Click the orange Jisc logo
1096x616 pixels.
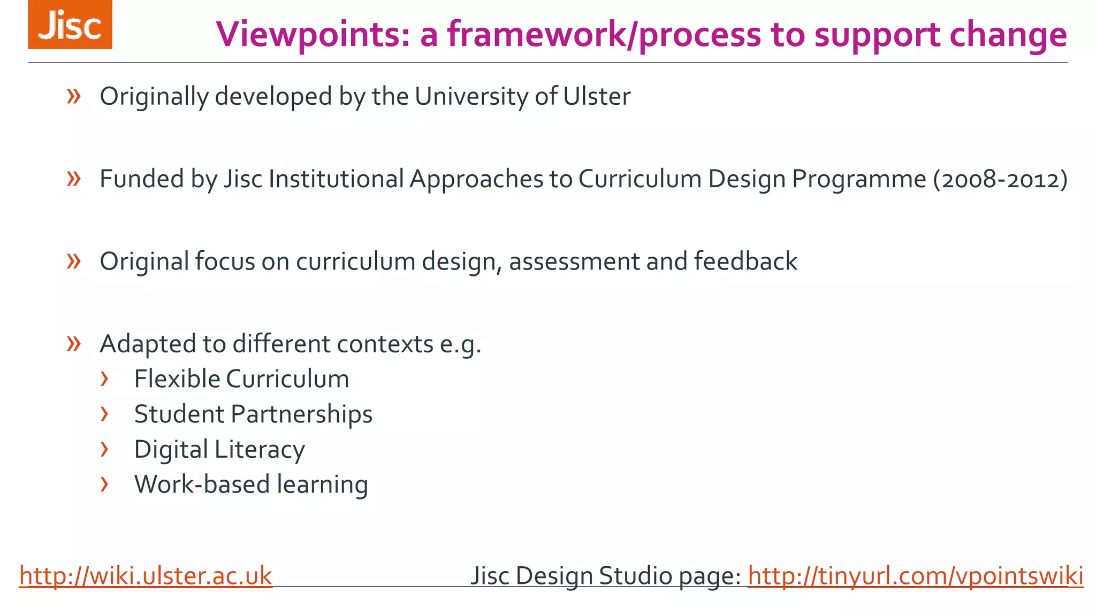(70, 25)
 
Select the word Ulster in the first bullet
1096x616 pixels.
(596, 97)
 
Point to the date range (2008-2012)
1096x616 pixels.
(1000, 179)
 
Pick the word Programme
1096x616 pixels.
(859, 179)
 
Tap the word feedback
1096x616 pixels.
(745, 261)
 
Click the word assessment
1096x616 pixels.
(574, 261)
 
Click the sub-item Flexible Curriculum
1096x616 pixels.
(241, 379)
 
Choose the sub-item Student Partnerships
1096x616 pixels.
(253, 414)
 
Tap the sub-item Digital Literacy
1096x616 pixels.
(219, 450)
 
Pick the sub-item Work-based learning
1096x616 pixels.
(251, 484)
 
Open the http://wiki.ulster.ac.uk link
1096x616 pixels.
(146, 576)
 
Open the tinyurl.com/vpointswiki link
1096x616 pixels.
(915, 576)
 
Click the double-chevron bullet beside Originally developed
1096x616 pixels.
(74, 97)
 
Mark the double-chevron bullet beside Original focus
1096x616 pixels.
(74, 261)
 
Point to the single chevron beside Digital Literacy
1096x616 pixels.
(104, 450)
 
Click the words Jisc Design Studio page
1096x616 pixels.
(605, 576)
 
